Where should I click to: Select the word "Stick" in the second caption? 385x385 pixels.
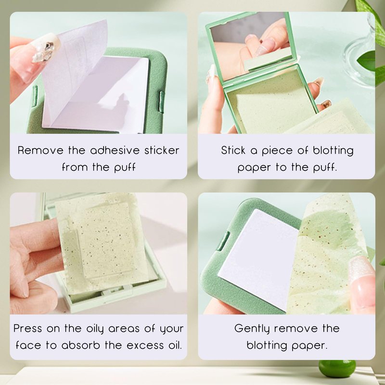233,150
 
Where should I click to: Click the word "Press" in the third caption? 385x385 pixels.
27,328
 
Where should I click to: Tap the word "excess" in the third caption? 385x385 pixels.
145,346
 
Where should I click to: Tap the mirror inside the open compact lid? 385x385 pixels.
252,45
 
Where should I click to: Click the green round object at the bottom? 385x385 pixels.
337,369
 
